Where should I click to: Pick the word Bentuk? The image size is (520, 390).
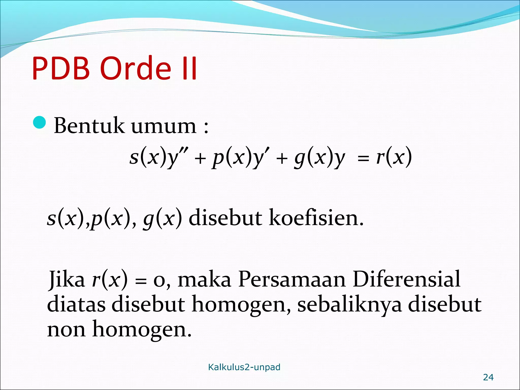click(89, 126)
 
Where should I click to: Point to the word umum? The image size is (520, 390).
click(164, 126)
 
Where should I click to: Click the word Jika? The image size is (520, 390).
click(67, 279)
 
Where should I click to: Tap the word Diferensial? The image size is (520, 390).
click(406, 279)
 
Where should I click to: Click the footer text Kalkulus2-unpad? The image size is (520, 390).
click(244, 367)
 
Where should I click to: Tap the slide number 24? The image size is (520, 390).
click(488, 377)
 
